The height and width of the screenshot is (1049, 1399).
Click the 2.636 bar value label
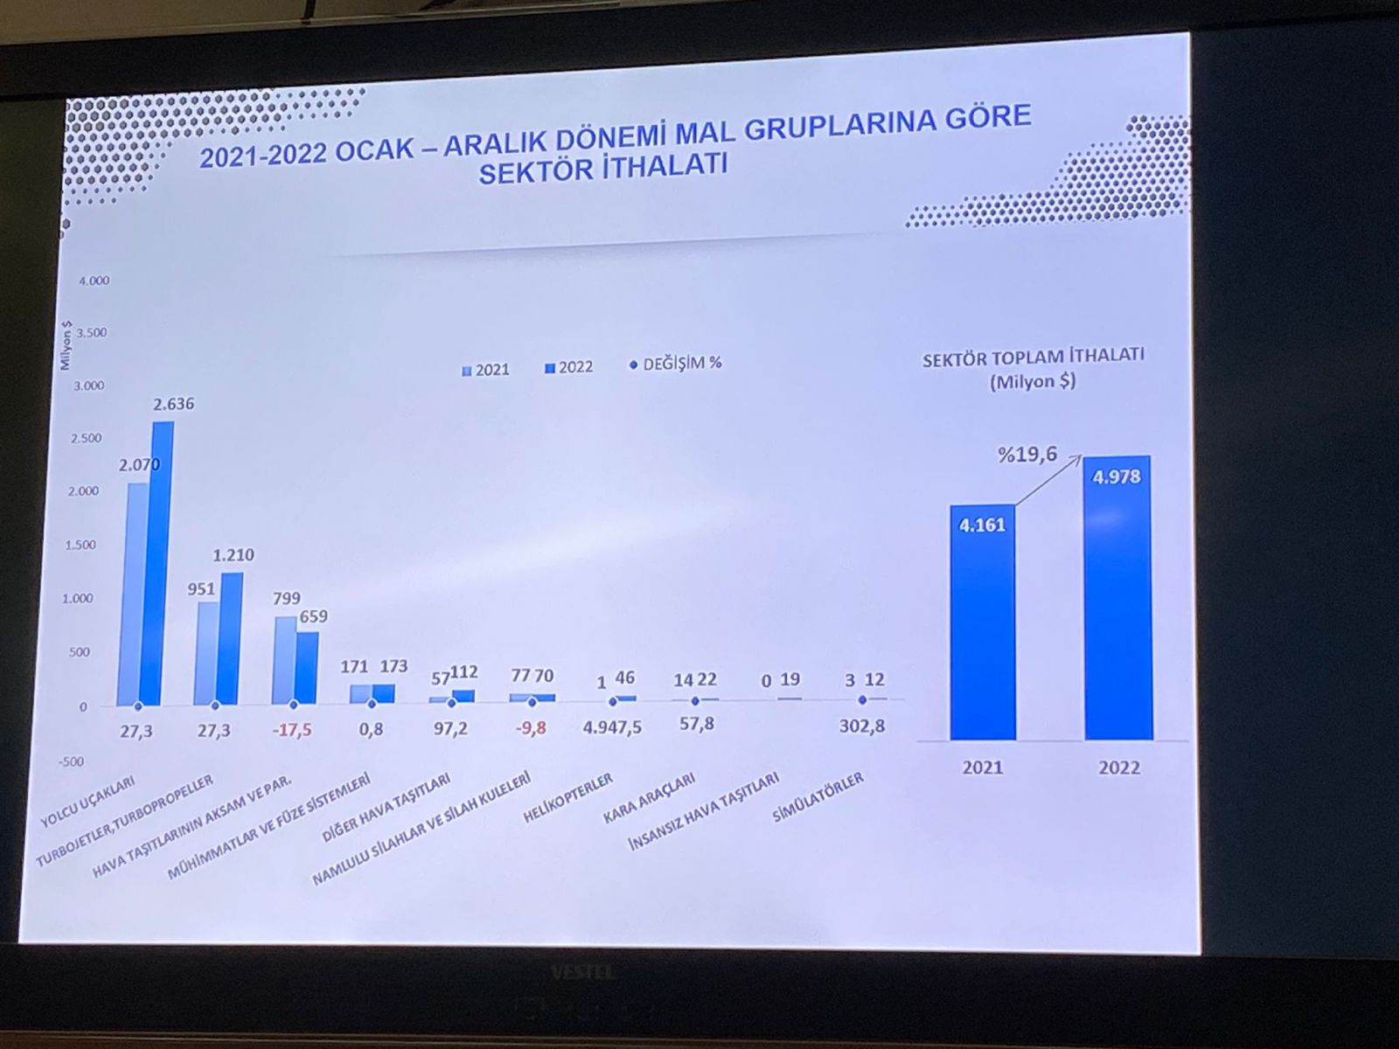(x=174, y=404)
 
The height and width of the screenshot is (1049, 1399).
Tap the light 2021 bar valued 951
(x=207, y=652)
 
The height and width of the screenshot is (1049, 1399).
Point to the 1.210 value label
(x=233, y=554)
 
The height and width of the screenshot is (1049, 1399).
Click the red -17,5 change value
(x=292, y=729)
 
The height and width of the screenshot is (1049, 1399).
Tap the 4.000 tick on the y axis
(x=94, y=281)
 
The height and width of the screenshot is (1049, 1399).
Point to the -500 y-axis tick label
(x=71, y=761)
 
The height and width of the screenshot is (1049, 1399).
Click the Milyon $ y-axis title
(x=66, y=344)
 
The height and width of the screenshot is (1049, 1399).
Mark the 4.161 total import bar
(x=983, y=621)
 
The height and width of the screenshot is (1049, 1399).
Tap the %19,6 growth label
(x=1027, y=455)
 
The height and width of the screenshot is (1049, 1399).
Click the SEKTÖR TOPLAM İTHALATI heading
(x=1033, y=357)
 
